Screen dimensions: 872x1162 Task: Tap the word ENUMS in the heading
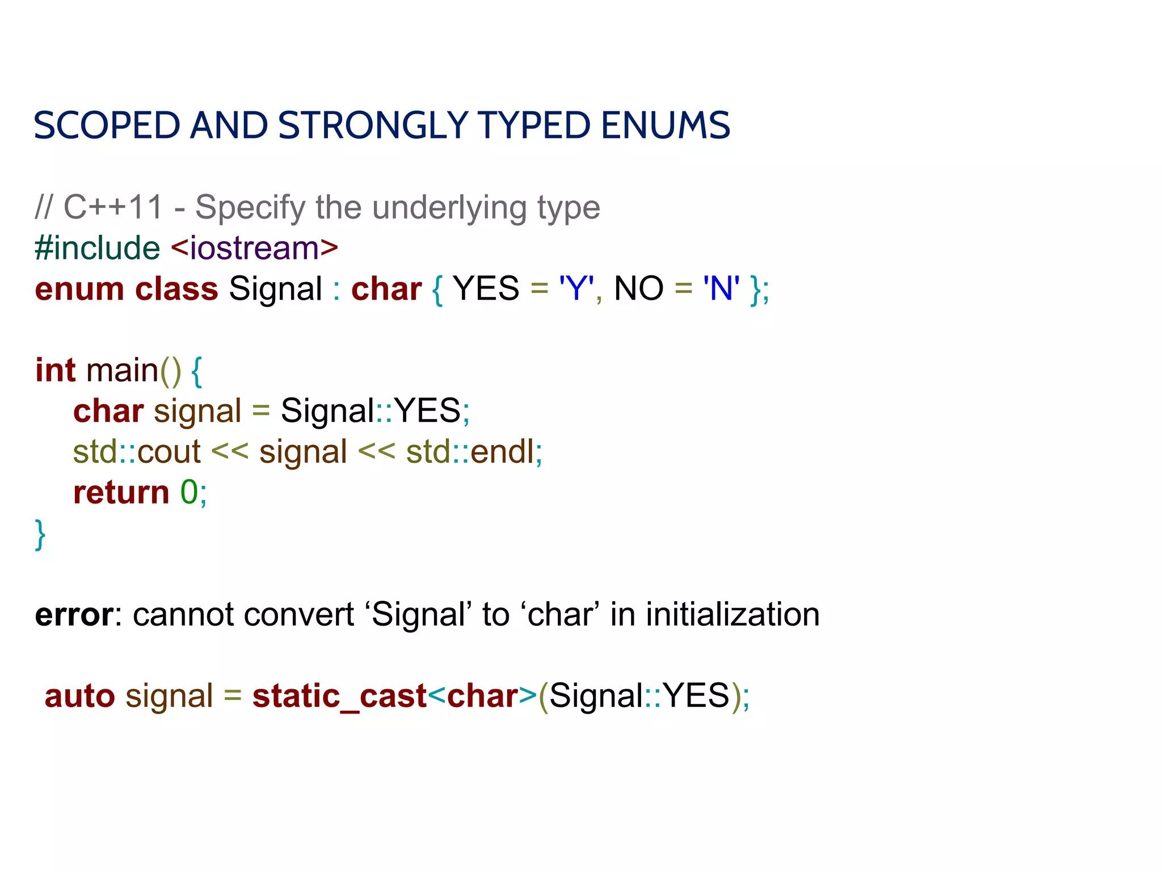point(665,125)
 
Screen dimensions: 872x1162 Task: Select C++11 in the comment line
point(113,207)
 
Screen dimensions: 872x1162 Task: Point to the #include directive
point(97,248)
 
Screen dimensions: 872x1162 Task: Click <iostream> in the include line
point(254,248)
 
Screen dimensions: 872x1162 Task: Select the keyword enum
point(79,289)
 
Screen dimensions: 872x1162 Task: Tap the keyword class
point(176,289)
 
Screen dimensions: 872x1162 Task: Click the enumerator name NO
point(638,288)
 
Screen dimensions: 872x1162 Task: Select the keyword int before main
point(55,370)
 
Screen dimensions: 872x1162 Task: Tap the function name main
point(122,370)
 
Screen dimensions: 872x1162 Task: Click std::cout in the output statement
point(137,452)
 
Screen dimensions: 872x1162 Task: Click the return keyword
point(121,492)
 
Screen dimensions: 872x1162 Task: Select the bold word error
point(74,615)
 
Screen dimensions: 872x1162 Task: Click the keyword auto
point(79,696)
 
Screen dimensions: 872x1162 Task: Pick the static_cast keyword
point(339,697)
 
